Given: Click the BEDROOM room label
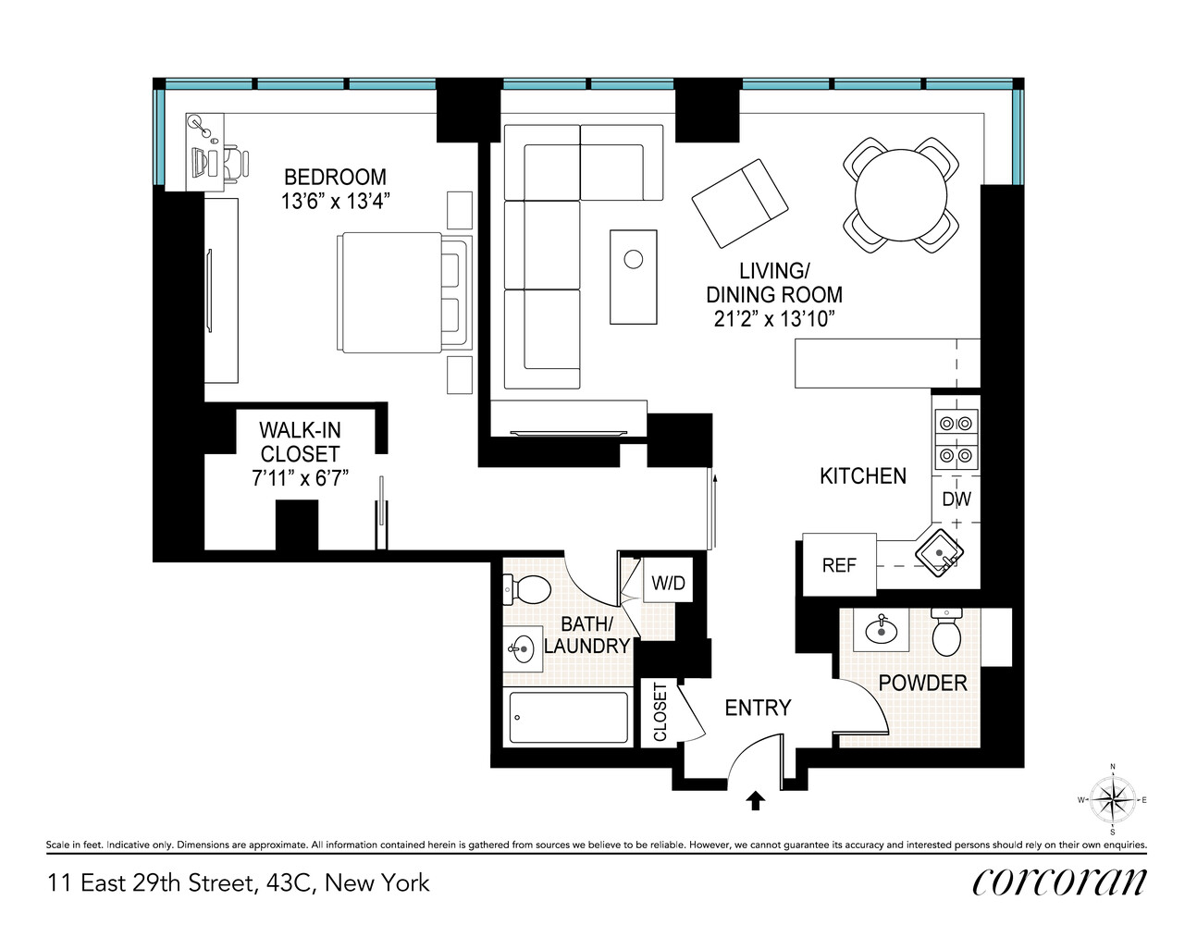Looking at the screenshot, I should [335, 177].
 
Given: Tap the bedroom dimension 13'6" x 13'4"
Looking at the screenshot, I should [335, 201].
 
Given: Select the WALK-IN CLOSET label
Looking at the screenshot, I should [300, 442].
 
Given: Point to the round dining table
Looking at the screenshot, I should [900, 195].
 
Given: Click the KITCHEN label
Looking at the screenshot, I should [862, 476].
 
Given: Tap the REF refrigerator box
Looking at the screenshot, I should [839, 564].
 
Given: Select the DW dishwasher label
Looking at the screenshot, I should [956, 499].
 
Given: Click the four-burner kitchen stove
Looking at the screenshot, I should [956, 439].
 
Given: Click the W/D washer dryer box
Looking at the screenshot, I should [668, 583].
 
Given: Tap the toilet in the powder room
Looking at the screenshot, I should [946, 634].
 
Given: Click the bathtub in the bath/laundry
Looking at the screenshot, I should [569, 717].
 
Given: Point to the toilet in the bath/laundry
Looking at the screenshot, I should [527, 588].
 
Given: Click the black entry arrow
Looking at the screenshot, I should [755, 801].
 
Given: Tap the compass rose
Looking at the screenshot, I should [1112, 800].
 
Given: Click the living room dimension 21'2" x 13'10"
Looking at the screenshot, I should [773, 319].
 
